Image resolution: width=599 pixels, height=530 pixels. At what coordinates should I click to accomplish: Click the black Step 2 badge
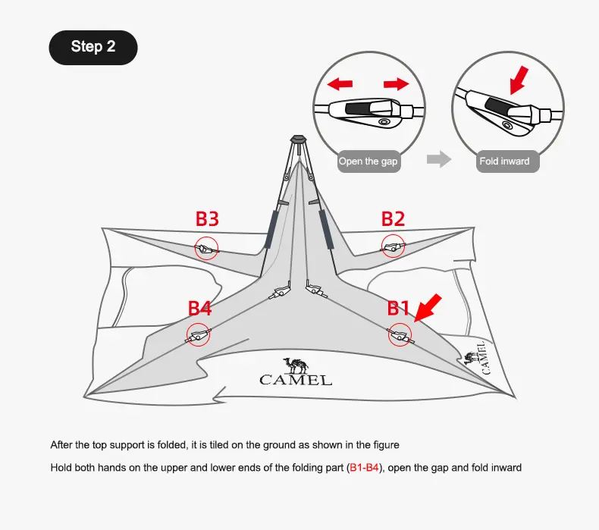click(x=93, y=47)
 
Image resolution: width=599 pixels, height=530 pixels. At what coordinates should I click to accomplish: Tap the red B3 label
click(x=207, y=219)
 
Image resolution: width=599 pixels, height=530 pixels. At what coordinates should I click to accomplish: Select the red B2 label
click(x=393, y=219)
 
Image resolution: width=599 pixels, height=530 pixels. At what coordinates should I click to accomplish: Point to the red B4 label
click(x=199, y=309)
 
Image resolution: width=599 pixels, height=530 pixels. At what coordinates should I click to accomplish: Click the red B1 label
click(x=398, y=309)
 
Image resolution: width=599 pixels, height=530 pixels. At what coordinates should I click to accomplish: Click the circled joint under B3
click(x=207, y=249)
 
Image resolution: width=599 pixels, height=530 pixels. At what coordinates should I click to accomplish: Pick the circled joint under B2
click(x=393, y=246)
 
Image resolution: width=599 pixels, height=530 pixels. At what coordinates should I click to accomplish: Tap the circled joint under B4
click(x=198, y=334)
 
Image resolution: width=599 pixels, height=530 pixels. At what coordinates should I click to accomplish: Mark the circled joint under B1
click(x=400, y=334)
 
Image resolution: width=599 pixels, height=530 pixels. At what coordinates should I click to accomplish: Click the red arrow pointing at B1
click(x=428, y=308)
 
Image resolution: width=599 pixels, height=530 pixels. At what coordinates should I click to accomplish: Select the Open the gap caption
click(x=368, y=162)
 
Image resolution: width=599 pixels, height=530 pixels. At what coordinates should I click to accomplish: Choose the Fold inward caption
click(x=505, y=162)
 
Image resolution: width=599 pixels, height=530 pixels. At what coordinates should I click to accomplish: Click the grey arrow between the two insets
click(x=439, y=159)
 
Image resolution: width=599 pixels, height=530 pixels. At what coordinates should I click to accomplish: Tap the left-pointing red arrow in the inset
click(x=340, y=84)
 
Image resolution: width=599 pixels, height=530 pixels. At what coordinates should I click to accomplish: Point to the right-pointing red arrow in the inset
click(x=396, y=84)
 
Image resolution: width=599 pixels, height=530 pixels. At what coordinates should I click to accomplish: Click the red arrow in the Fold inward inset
click(x=519, y=80)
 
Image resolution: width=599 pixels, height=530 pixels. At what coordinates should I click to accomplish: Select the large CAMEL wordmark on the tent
click(x=296, y=380)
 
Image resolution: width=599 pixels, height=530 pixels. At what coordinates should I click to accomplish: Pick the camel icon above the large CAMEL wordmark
click(x=296, y=365)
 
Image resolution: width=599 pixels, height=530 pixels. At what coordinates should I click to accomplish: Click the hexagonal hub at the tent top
click(x=298, y=139)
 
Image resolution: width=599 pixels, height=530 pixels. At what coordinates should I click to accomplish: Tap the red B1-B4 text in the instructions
click(x=364, y=468)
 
